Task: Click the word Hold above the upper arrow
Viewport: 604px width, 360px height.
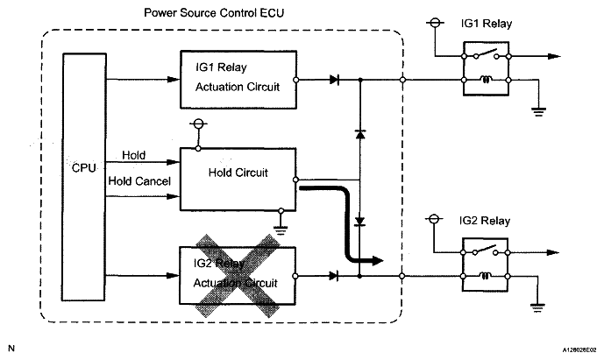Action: click(134, 155)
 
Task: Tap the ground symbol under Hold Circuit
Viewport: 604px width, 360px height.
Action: click(280, 225)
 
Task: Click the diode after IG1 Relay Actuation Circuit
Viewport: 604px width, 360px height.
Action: click(335, 80)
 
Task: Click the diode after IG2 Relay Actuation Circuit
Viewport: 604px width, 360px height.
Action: click(335, 275)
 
